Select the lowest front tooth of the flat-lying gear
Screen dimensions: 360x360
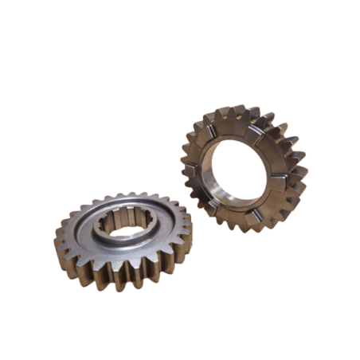coord(119,280)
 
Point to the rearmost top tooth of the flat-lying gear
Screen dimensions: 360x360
coord(127,194)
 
